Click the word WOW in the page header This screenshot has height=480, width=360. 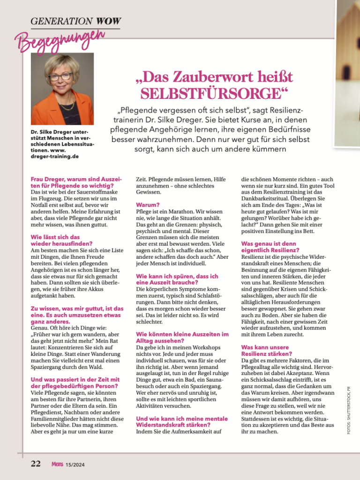coord(108,21)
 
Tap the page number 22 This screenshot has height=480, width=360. coord(36,464)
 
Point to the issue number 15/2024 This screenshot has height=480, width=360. coord(75,465)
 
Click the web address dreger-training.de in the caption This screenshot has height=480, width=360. coord(52,156)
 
